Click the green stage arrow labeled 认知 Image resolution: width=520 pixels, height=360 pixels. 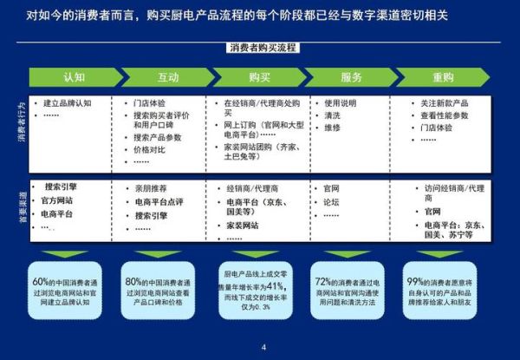click(74, 77)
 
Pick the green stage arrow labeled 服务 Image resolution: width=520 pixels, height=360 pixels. click(351, 77)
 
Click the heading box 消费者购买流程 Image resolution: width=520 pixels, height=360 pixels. click(260, 48)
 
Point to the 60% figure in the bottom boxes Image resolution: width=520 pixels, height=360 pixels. click(41, 281)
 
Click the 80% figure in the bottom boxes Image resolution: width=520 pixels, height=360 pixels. click(133, 281)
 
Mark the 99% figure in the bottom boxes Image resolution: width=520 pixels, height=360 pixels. click(414, 281)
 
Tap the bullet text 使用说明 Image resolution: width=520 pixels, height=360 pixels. click(339, 102)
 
